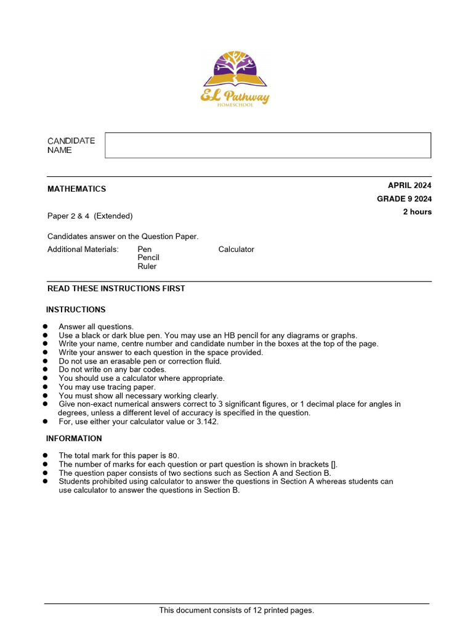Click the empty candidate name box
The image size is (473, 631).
268,145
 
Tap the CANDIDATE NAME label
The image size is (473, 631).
71,145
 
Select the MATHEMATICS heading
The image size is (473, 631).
76,189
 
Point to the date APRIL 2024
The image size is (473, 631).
410,185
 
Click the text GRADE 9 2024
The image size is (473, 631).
404,198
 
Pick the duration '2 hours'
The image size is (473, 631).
417,212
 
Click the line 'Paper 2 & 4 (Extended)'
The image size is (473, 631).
90,216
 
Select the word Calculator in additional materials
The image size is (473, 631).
236,250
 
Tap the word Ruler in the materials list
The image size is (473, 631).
147,267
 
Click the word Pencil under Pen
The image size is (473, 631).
148,258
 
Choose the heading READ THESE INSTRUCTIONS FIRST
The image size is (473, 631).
116,288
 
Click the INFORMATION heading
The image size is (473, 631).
74,439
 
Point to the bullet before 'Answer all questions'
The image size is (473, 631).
46,327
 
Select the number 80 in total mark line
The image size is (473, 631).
172,456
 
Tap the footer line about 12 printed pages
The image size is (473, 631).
236,610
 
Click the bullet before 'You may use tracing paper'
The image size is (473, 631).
46,387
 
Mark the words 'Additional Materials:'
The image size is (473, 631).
83,250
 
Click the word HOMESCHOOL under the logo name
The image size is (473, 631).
235,105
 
